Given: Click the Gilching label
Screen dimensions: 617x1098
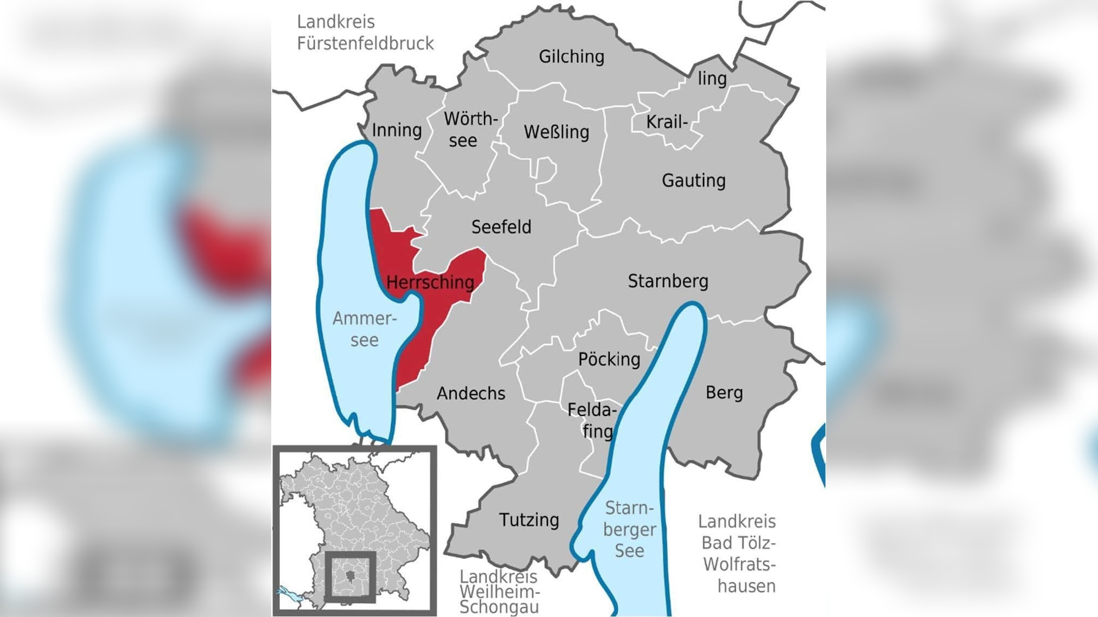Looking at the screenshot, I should (571, 56).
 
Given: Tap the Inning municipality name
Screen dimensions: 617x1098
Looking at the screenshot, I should (397, 130).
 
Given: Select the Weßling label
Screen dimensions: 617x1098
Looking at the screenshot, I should (556, 132).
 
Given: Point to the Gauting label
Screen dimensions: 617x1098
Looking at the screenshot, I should (693, 181).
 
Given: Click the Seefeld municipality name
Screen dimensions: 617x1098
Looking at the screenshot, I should (501, 227).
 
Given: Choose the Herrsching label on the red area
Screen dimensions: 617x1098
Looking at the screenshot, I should (430, 282).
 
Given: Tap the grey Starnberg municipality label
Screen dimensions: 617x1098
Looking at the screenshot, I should (668, 281).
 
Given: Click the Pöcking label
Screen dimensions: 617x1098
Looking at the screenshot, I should (609, 359).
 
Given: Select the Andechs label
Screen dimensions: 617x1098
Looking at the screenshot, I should (471, 393).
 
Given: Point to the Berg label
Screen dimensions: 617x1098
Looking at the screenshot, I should (724, 393).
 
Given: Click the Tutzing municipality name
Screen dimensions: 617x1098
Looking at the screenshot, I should (529, 520).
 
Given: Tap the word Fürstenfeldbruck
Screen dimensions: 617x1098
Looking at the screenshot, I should (365, 43).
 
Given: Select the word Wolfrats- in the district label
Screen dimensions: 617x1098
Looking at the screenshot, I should (739, 564).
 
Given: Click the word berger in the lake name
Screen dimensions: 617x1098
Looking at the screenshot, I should (629, 529).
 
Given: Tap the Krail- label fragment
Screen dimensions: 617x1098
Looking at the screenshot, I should (667, 122).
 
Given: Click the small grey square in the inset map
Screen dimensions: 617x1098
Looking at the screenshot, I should (350, 577).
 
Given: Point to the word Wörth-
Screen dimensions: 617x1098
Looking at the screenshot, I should (470, 119).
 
